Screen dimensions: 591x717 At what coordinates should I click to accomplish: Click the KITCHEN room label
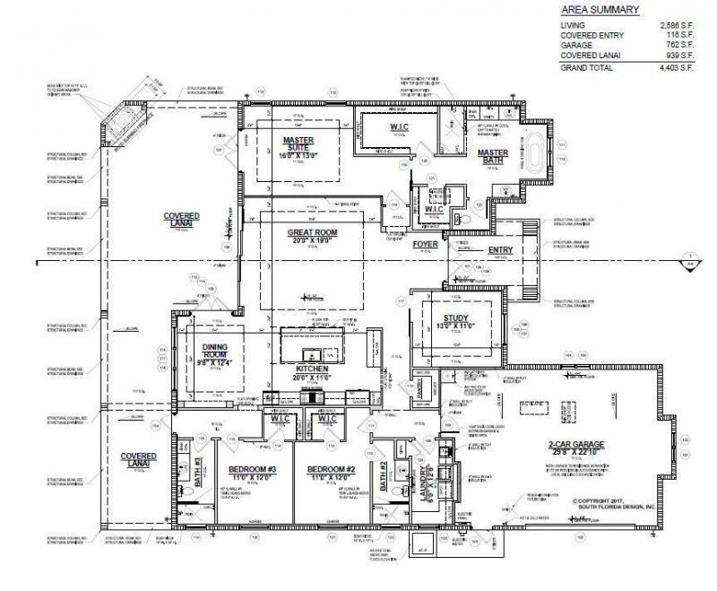pos(312,369)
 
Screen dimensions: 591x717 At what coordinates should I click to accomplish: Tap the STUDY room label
pos(456,317)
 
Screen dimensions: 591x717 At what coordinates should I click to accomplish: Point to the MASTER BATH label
pos(493,153)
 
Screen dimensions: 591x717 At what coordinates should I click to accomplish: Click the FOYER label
pos(424,243)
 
